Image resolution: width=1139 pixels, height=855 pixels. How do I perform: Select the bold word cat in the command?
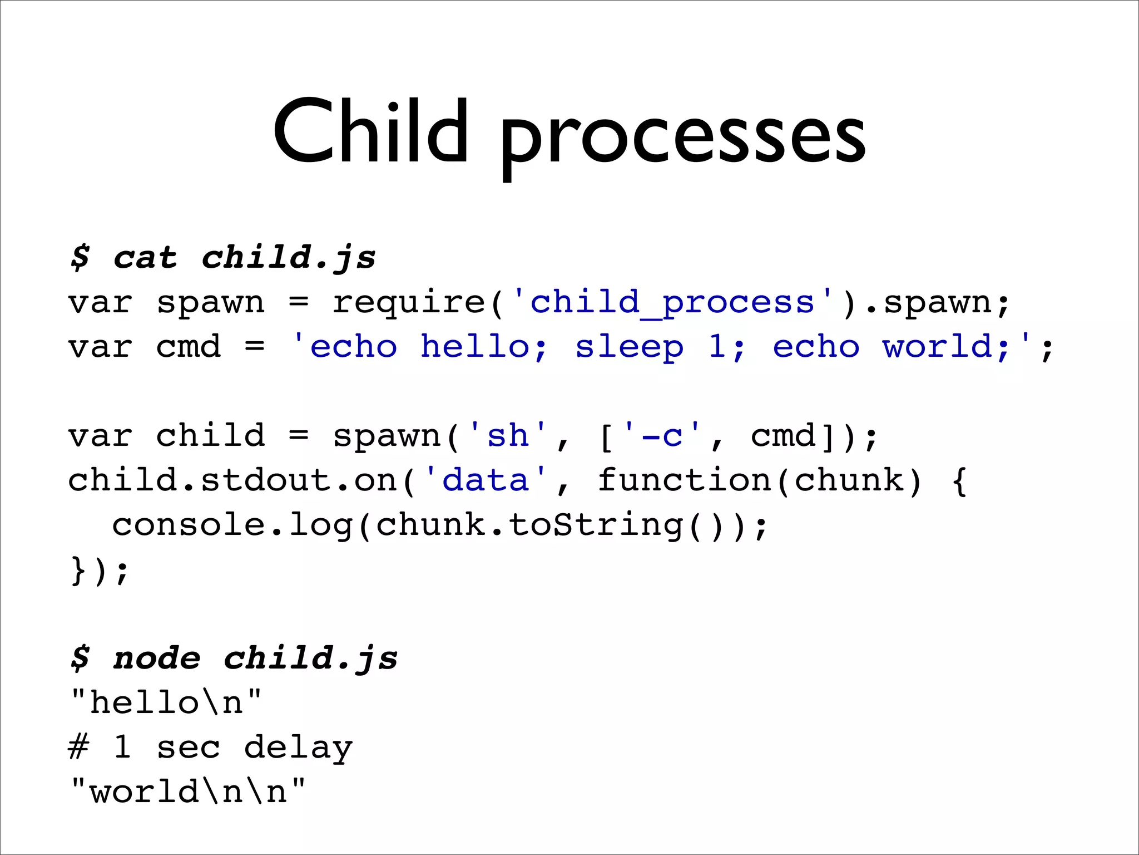(145, 258)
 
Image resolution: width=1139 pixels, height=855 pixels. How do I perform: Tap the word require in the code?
(409, 302)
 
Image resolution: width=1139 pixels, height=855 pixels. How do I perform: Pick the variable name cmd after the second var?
(189, 347)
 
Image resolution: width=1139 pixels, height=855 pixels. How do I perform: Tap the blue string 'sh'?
(507, 435)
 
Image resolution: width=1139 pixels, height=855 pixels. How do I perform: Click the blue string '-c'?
(662, 435)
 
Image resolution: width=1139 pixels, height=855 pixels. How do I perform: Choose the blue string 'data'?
(485, 480)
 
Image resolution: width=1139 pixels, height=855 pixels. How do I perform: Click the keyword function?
(684, 480)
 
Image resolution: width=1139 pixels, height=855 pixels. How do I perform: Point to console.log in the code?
(232, 525)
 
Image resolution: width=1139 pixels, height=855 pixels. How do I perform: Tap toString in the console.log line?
(596, 525)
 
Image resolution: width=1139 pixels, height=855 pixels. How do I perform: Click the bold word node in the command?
(156, 659)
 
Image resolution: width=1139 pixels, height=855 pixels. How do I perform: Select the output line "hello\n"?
(166, 702)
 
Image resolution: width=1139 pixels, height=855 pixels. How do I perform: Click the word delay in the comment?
(298, 748)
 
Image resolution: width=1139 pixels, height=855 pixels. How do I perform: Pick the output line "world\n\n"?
(188, 792)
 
